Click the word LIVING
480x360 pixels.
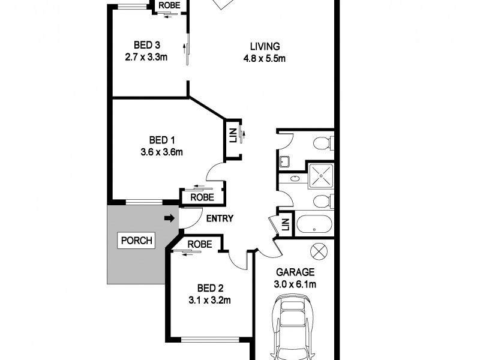click(x=264, y=46)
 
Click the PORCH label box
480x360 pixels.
click(x=137, y=241)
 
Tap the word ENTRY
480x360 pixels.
click(x=220, y=219)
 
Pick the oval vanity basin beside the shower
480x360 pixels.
click(x=294, y=179)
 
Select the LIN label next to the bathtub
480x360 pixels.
click(x=286, y=225)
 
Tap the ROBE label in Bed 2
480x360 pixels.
click(x=199, y=244)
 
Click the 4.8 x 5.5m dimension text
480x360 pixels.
click(x=264, y=58)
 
